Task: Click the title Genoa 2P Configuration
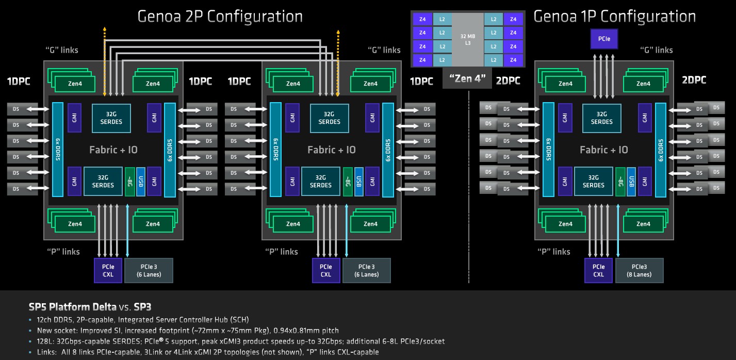pos(220,17)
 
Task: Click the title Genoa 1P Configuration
pos(614,17)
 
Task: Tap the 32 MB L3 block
pos(468,39)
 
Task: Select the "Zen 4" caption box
pos(467,78)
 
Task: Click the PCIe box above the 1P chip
pos(604,39)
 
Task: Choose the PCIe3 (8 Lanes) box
pos(639,271)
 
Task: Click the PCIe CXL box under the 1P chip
pos(598,271)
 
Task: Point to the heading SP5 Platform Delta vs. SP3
pos(90,307)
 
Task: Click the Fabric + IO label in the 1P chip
pos(603,150)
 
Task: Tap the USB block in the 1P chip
pos(631,182)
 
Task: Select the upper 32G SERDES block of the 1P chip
pos(601,118)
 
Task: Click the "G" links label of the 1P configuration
pos(656,50)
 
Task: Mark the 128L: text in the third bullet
pos(45,341)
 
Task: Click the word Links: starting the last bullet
pos(47,352)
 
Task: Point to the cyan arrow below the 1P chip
pos(618,230)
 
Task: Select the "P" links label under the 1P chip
pos(553,252)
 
